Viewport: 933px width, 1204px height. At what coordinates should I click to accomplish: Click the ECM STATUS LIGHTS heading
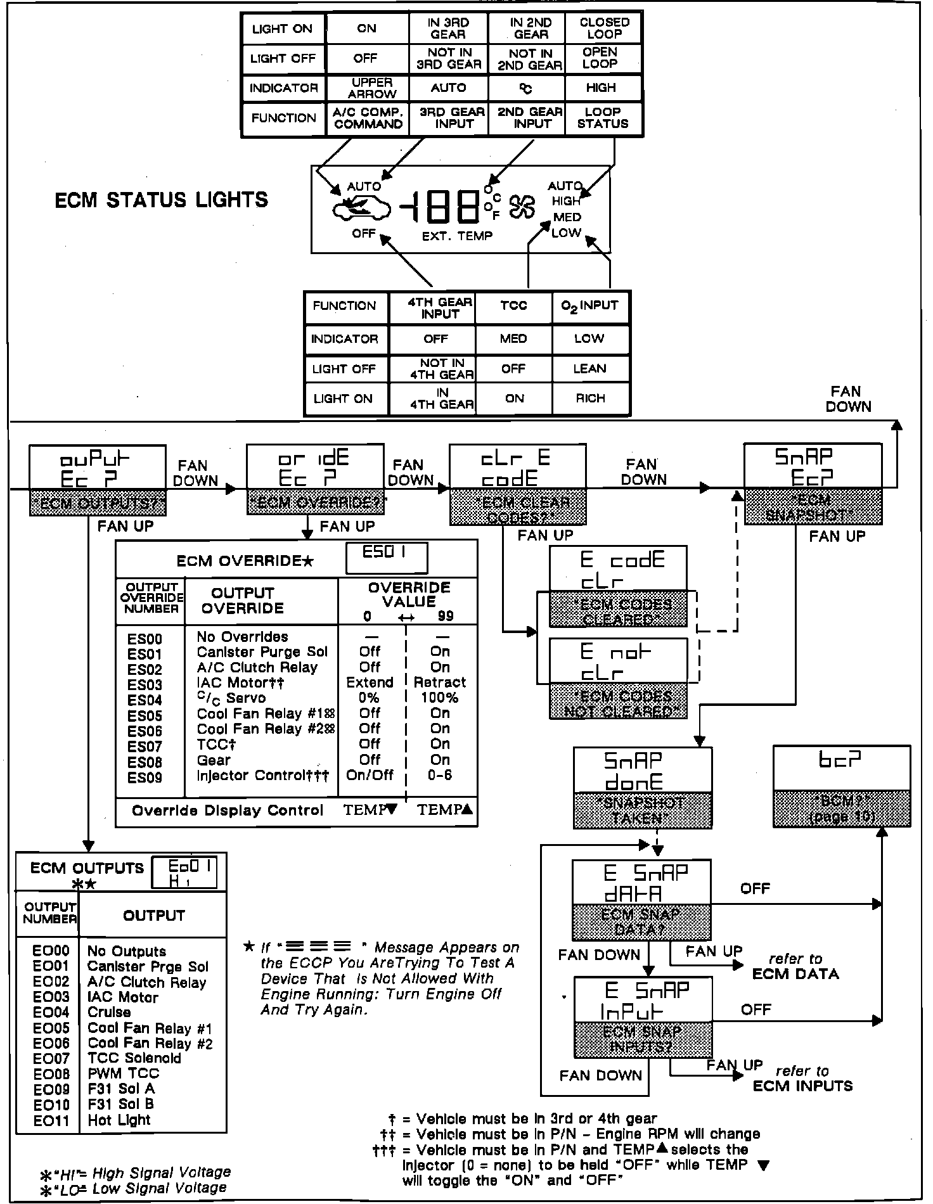click(x=162, y=200)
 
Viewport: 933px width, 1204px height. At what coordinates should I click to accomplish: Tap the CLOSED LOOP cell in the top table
click(x=604, y=28)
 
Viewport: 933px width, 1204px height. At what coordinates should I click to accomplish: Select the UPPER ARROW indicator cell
click(x=372, y=88)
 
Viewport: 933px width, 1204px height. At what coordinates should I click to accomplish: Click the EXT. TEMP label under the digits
click(x=457, y=236)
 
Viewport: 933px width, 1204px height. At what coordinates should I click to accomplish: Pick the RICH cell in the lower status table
click(x=590, y=399)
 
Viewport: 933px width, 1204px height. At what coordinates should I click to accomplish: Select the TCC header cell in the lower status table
click(x=513, y=306)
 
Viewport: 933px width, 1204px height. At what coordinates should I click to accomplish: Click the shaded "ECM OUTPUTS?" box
click(x=98, y=504)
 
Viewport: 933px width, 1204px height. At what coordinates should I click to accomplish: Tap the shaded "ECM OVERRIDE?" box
click(x=315, y=503)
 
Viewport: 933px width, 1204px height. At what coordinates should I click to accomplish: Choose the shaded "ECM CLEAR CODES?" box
click(x=517, y=509)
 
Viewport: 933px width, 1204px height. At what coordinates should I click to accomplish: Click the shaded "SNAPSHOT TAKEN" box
click(x=642, y=810)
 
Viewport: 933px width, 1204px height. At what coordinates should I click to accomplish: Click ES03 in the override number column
click(x=145, y=685)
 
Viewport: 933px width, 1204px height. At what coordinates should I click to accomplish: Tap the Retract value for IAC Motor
click(x=440, y=682)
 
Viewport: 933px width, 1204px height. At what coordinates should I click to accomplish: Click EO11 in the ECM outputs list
click(x=51, y=1120)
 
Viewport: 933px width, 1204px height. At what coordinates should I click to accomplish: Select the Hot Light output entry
click(x=119, y=1120)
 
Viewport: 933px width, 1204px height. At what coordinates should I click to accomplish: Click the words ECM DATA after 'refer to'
click(x=795, y=974)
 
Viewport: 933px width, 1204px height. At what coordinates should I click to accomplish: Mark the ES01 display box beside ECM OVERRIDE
click(x=386, y=558)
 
